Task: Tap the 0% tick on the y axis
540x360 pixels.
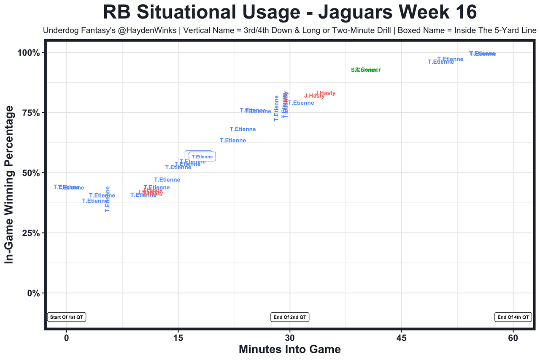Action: (33, 293)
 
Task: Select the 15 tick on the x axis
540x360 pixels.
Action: (178, 338)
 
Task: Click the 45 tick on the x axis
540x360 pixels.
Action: (402, 338)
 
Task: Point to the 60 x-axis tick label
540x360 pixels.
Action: (513, 338)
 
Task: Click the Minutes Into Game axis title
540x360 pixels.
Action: (290, 350)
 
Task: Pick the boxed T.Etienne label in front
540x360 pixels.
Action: (202, 157)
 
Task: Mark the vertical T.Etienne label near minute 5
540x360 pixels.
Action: (108, 199)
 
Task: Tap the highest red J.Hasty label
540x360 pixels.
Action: (326, 93)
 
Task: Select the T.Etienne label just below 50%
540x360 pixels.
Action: (178, 167)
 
